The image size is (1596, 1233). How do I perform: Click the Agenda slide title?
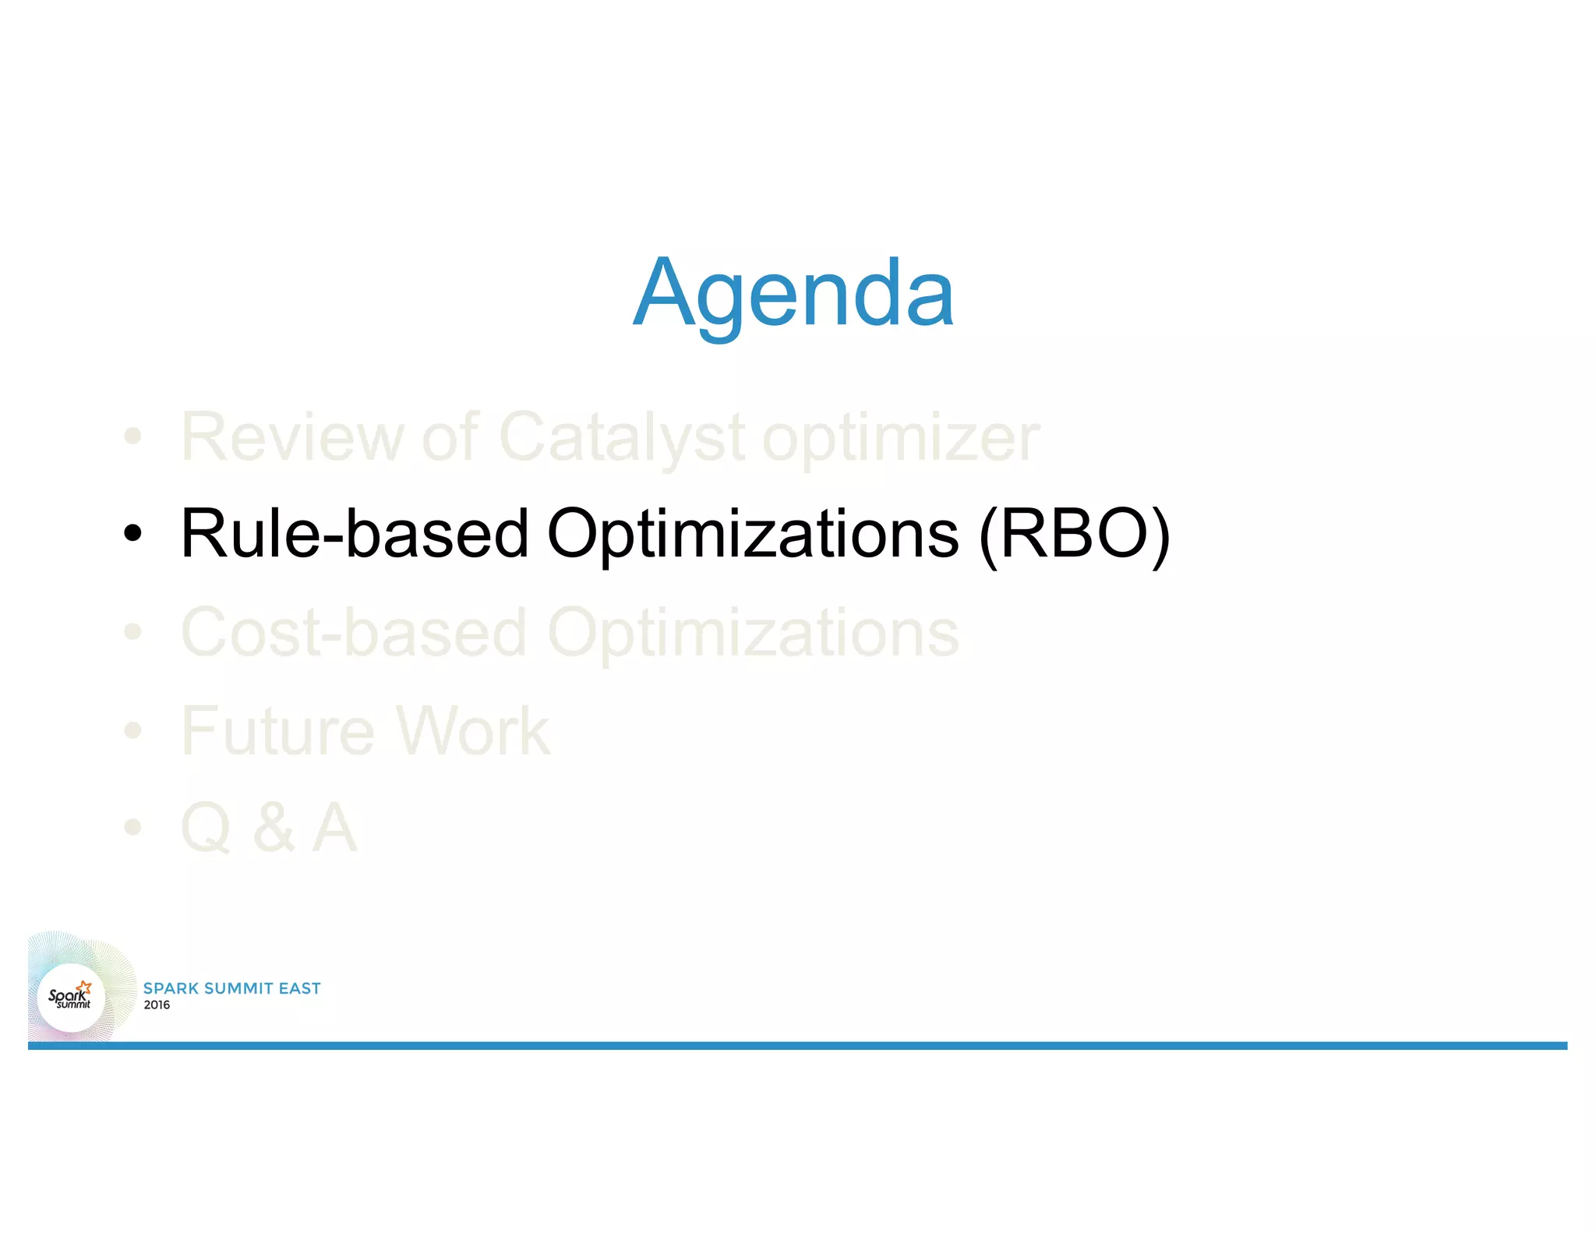(x=793, y=295)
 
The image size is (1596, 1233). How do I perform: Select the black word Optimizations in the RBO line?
(x=753, y=534)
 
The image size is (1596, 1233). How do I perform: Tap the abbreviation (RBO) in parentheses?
(x=1074, y=534)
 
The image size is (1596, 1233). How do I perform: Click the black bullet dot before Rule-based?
(x=133, y=534)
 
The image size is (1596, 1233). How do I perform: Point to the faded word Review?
(x=291, y=437)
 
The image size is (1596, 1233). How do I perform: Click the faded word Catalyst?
(x=622, y=437)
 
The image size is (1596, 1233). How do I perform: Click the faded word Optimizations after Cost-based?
(x=753, y=632)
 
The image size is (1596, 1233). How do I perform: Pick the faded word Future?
(x=277, y=730)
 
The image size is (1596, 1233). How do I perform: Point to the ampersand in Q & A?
(x=274, y=828)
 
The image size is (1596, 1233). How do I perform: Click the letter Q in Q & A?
(x=205, y=828)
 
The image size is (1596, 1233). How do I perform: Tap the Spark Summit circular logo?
(x=72, y=998)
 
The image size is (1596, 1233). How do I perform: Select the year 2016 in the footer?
(x=157, y=1005)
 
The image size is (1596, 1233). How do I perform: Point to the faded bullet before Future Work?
(x=133, y=730)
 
